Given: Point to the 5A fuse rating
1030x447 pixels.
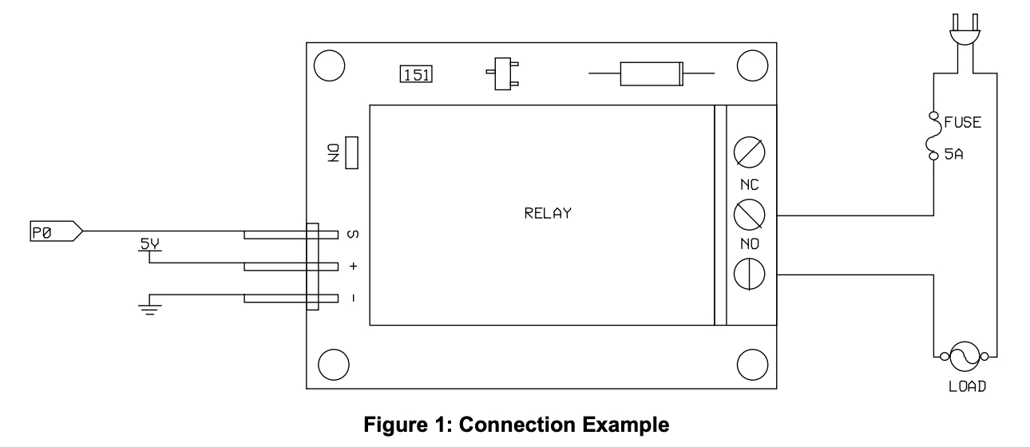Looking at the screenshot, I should pyautogui.click(x=956, y=156).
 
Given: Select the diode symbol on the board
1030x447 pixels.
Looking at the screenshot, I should pyautogui.click(x=650, y=74).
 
